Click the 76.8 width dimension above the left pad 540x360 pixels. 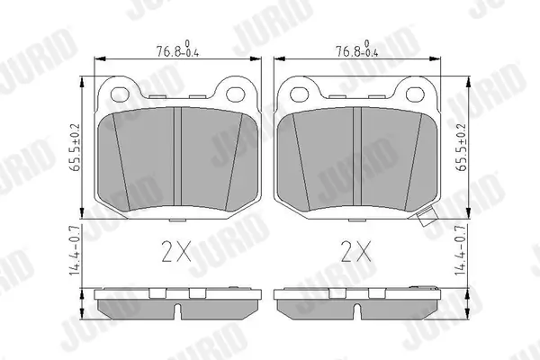coord(177,49)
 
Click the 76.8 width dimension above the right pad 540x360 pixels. coord(357,49)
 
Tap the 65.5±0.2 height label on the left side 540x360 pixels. coord(75,147)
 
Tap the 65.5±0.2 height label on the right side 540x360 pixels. coord(462,147)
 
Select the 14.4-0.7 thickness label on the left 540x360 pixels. coord(75,250)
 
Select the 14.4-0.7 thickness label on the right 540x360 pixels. coord(462,250)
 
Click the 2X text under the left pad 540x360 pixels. coord(176,251)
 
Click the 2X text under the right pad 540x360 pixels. coord(356,251)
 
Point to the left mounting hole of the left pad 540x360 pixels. coord(120,94)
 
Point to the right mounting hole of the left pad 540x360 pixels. coord(236,94)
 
